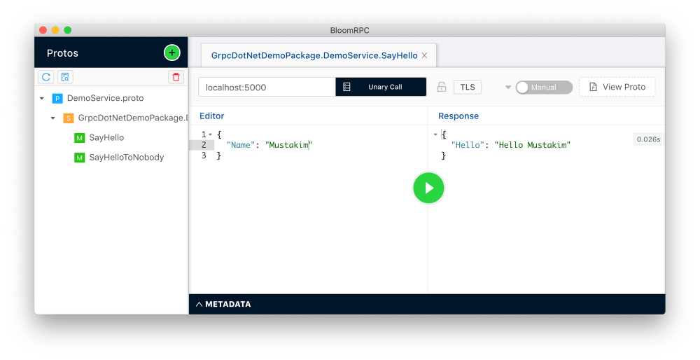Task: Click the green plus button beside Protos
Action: pos(172,53)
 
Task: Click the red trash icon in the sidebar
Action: pos(176,77)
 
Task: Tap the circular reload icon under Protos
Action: pos(46,77)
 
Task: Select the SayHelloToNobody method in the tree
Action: pos(126,157)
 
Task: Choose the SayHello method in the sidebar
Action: pos(106,137)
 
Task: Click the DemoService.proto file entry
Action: pos(106,98)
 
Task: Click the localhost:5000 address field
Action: pos(267,87)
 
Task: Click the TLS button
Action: pos(468,87)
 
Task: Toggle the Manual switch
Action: pos(544,87)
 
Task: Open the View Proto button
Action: pos(617,87)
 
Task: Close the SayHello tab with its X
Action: pos(425,55)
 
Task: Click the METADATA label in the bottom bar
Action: pos(227,304)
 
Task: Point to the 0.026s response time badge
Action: pos(648,139)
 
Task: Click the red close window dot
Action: pos(43,30)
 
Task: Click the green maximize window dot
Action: pos(67,30)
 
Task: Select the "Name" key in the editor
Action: pos(241,145)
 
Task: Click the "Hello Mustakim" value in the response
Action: pos(532,145)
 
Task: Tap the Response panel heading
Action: pos(458,116)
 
